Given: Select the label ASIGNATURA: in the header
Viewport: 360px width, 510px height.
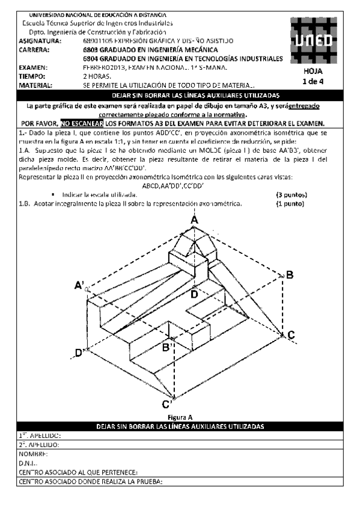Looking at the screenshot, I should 40,41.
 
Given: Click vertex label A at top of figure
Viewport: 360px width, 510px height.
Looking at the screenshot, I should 195,221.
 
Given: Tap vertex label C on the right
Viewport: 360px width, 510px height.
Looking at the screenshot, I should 290,334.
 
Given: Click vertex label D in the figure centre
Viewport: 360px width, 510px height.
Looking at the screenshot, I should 194,294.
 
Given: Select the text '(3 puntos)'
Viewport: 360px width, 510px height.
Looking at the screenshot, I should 291,195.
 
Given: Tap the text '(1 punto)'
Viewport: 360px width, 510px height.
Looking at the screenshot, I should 290,204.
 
